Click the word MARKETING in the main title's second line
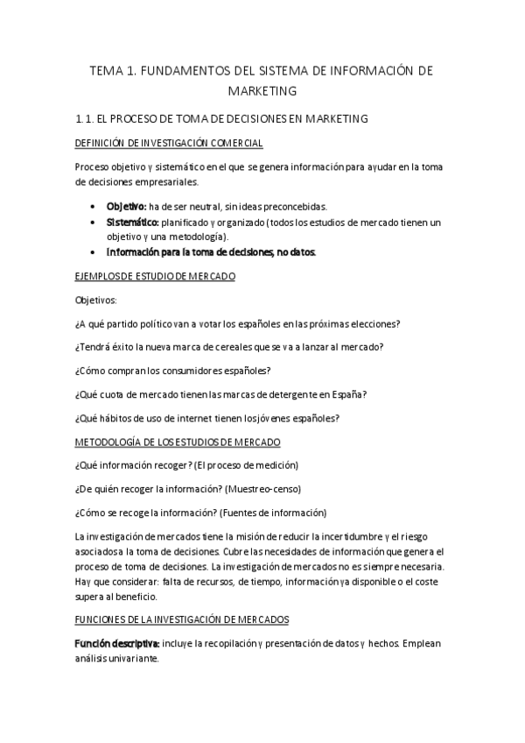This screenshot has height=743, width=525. coord(262,90)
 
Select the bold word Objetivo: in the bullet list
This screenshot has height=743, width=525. coord(126,207)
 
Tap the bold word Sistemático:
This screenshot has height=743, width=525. coord(133,222)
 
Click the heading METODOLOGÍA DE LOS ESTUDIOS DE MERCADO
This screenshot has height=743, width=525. coord(178,442)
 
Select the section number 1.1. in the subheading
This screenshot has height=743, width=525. coord(90,118)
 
